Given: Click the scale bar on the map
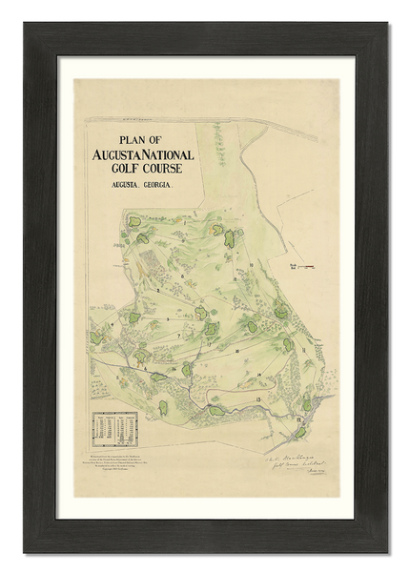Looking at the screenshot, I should (x=305, y=269).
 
